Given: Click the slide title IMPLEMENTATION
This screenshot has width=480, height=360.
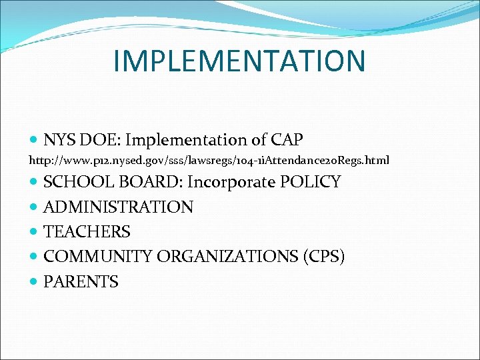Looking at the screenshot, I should [239, 61].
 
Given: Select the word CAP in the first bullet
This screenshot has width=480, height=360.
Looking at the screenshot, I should [287, 140].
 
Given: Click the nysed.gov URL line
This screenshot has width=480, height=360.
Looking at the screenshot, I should [209, 161].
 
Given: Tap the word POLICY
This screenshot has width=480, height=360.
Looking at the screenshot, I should [312, 182].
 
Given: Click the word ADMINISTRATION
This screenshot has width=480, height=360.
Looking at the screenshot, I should [118, 207].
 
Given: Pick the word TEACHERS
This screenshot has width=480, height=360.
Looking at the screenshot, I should [87, 232].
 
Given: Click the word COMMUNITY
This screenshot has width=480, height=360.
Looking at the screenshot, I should [97, 257].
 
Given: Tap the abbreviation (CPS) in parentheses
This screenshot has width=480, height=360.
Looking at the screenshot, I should [322, 257].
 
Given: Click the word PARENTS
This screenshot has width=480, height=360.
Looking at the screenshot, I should [81, 282].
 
